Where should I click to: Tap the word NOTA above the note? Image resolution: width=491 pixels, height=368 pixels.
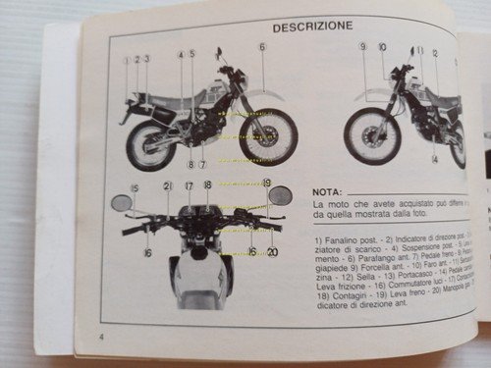(x=328, y=192)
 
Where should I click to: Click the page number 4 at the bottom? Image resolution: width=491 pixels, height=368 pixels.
(x=101, y=339)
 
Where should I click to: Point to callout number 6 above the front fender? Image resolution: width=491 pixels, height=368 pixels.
(x=262, y=46)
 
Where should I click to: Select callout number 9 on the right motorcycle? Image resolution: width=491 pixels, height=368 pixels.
(x=362, y=46)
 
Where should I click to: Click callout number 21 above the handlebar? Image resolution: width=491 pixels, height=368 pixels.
(x=167, y=185)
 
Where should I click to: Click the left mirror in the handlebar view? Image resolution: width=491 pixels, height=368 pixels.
(x=123, y=202)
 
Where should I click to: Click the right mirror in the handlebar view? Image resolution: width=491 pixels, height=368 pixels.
(x=280, y=194)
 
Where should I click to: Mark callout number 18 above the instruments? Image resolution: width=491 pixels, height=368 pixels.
(x=207, y=184)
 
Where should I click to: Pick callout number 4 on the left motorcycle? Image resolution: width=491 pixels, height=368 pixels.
(x=181, y=56)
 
